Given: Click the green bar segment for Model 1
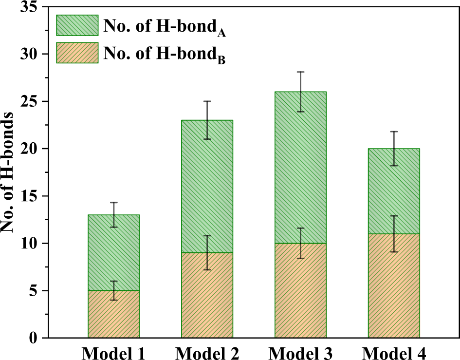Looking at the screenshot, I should [x=114, y=253].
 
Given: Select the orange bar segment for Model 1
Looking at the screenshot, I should [x=114, y=314].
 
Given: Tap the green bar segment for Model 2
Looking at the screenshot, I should [x=207, y=187].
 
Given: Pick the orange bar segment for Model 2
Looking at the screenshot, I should [x=207, y=295].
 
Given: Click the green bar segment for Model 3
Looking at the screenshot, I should [x=300, y=168].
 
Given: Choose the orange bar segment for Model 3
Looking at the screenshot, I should [x=300, y=291].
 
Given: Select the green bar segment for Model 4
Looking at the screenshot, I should [x=394, y=191].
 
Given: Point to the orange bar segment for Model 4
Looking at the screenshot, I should [x=394, y=286].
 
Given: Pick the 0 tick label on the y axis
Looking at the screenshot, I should [x=33, y=338].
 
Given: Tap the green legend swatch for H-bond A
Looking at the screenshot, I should [x=76, y=25].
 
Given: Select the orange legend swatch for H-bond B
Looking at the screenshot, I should [x=76, y=53].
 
